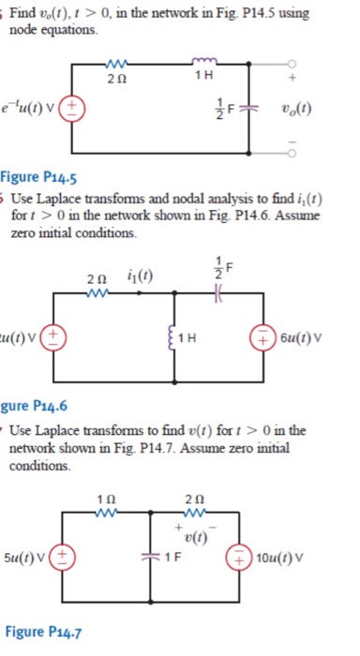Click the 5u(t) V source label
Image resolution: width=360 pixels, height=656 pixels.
[26, 559]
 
